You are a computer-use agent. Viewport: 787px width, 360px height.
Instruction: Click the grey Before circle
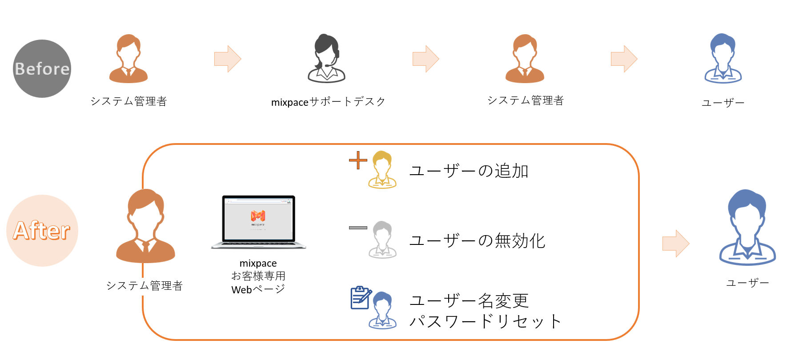[x=42, y=69]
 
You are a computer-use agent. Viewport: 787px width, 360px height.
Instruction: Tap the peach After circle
[x=42, y=231]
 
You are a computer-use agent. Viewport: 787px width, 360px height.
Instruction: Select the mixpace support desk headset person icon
[x=327, y=59]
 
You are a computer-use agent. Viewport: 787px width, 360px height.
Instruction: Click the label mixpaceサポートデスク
[x=328, y=102]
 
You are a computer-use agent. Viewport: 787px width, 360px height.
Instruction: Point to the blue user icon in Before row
[x=723, y=59]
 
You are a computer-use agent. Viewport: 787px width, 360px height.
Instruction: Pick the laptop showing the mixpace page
[x=258, y=222]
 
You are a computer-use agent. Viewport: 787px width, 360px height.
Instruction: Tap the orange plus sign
[x=358, y=160]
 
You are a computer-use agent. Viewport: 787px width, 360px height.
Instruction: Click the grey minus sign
[x=358, y=228]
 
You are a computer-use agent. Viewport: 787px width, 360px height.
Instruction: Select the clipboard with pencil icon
[x=361, y=297]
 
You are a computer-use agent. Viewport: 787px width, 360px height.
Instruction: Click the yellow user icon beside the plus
[x=382, y=170]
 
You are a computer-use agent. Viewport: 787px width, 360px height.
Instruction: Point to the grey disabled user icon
[x=382, y=240]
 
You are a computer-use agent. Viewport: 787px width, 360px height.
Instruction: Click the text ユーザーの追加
[x=469, y=171]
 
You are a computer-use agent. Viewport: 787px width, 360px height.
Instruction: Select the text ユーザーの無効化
[x=477, y=240]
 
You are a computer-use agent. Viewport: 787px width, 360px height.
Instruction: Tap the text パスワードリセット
[x=485, y=321]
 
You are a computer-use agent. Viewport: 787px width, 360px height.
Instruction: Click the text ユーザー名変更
[x=469, y=300]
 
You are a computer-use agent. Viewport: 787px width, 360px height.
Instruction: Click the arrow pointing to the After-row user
[x=676, y=243]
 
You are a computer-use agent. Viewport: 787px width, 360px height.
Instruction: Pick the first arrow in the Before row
[x=228, y=59]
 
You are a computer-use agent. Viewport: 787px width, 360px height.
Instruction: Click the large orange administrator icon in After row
[x=145, y=226]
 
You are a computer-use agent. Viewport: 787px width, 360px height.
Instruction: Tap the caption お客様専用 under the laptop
[x=258, y=276]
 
